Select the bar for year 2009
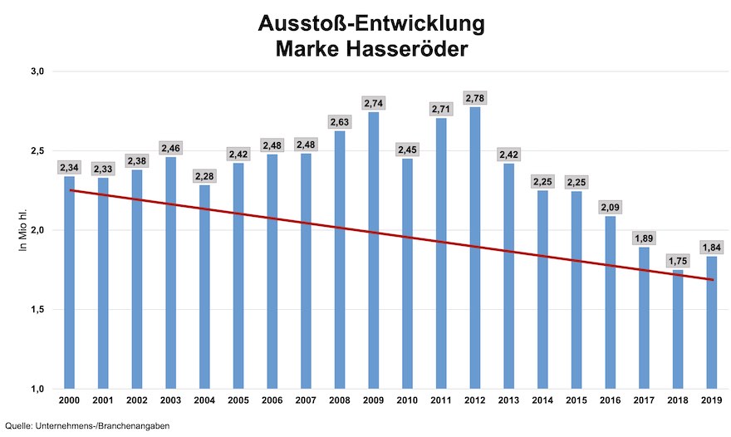click(x=373, y=250)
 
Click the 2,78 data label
click(x=475, y=98)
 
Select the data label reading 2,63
click(x=339, y=122)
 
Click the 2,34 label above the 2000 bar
click(x=68, y=168)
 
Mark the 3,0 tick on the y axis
click(x=38, y=71)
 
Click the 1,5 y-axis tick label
click(x=38, y=310)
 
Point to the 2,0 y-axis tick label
click(x=38, y=230)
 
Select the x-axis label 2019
click(x=713, y=402)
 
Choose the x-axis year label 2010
click(x=407, y=402)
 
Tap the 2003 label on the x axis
click(x=169, y=402)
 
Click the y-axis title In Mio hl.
click(x=25, y=230)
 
